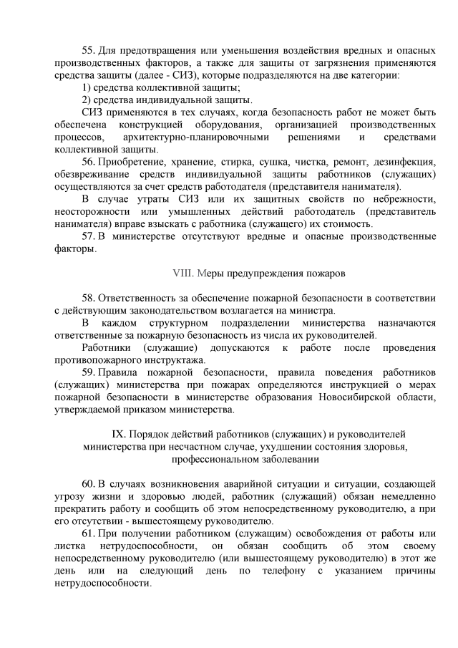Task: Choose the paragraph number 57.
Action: [89, 236]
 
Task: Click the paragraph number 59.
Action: [89, 372]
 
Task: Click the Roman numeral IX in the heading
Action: [120, 434]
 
